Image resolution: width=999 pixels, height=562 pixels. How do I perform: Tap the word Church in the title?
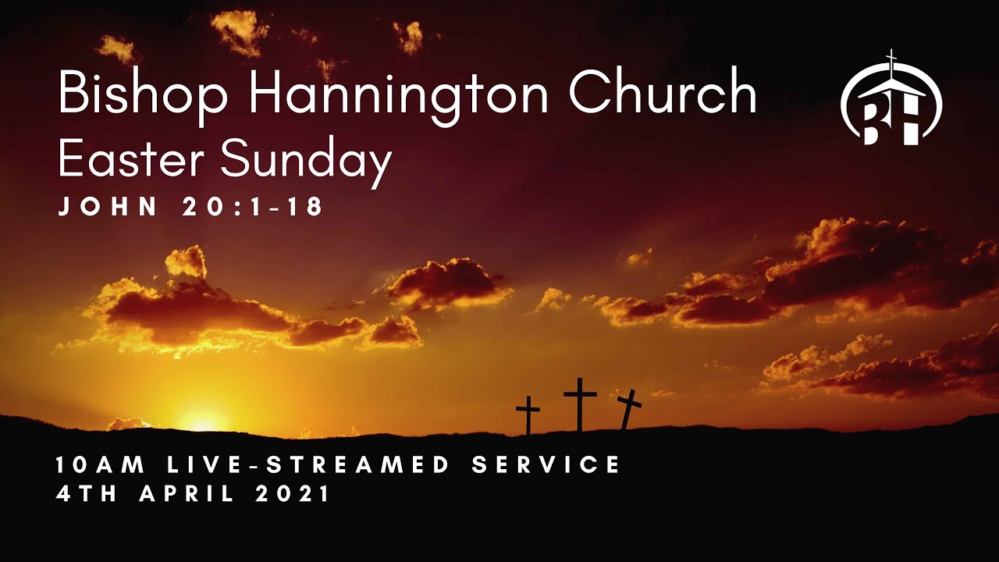(663, 94)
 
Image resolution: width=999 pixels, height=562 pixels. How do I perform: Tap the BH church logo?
(891, 101)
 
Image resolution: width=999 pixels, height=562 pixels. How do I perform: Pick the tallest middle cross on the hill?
(580, 402)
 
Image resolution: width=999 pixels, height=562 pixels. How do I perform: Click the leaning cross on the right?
(629, 408)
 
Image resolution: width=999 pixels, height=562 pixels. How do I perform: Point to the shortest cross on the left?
(528, 414)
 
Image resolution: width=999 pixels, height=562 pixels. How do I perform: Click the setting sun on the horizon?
(202, 422)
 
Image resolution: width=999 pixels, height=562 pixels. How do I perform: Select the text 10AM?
(101, 465)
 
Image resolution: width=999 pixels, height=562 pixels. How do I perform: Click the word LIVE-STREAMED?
(308, 465)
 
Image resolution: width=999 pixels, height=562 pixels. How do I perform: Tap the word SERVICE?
(546, 465)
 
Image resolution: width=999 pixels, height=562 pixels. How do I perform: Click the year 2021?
(293, 495)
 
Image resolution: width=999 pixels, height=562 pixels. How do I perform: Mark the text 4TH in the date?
(87, 495)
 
